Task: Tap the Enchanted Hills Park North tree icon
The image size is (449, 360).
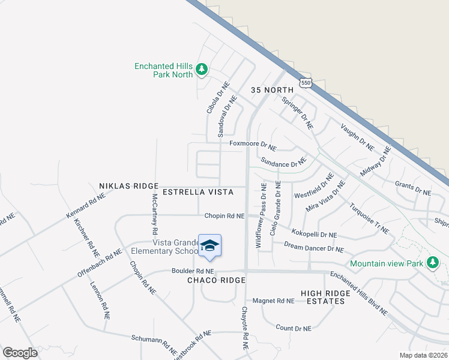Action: pyautogui.click(x=202, y=70)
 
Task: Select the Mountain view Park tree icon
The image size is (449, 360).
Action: pyautogui.click(x=432, y=262)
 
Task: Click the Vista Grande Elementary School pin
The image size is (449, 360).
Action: pyautogui.click(x=209, y=246)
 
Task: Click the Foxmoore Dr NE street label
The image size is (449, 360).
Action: pyautogui.click(x=253, y=144)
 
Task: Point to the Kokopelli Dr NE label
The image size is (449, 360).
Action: pyautogui.click(x=314, y=233)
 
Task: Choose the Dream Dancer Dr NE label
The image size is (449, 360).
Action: pyautogui.click(x=313, y=247)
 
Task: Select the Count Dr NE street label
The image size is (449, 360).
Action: pyautogui.click(x=294, y=328)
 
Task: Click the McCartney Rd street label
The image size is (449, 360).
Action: pyautogui.click(x=154, y=214)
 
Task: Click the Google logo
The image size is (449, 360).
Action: pyautogui.click(x=20, y=352)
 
